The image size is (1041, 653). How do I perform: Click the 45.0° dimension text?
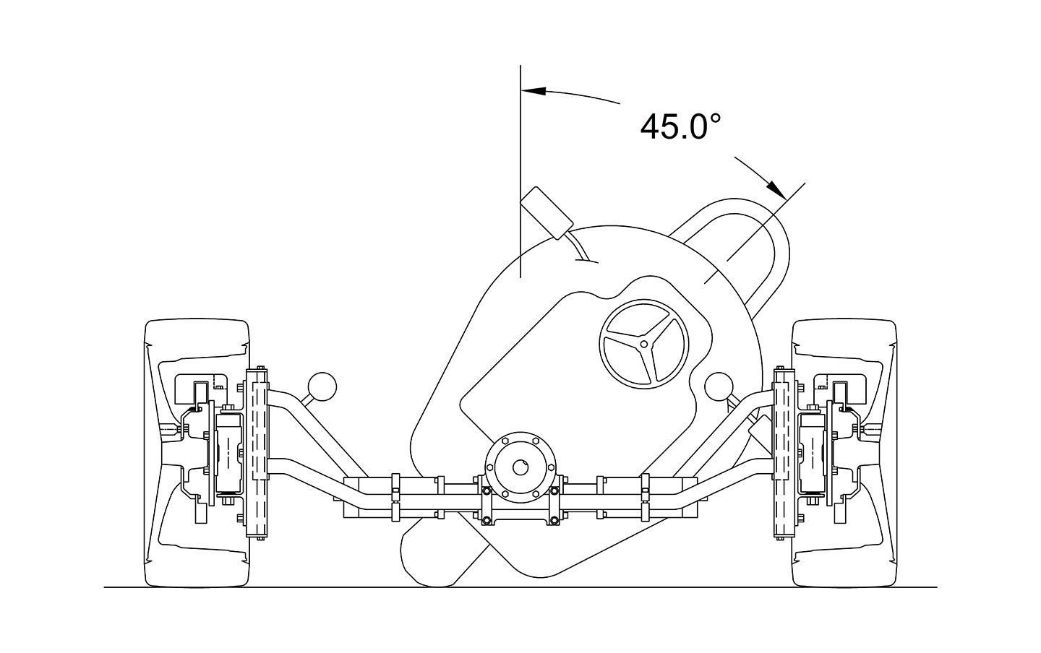coord(680,127)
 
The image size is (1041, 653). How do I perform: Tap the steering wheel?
coord(644,344)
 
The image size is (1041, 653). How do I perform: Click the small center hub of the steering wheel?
coord(644,344)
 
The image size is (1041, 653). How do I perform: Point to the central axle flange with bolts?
coord(520,467)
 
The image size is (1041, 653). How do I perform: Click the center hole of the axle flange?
coord(520,467)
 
